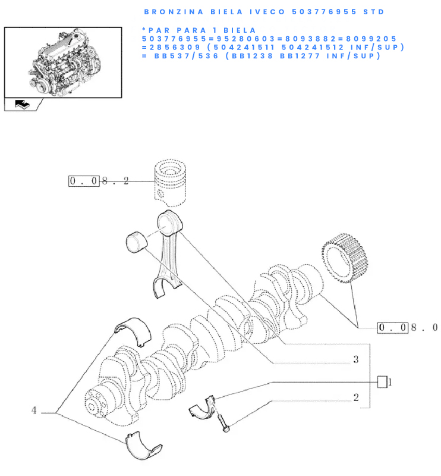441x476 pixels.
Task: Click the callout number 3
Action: click(x=356, y=359)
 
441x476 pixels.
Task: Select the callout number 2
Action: click(x=356, y=397)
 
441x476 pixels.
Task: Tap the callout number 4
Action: click(x=34, y=411)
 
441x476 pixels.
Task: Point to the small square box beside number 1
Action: click(x=382, y=382)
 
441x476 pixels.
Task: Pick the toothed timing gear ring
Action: click(x=345, y=258)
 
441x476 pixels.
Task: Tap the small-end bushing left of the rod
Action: click(x=136, y=242)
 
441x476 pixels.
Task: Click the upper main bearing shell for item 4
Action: click(x=134, y=330)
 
